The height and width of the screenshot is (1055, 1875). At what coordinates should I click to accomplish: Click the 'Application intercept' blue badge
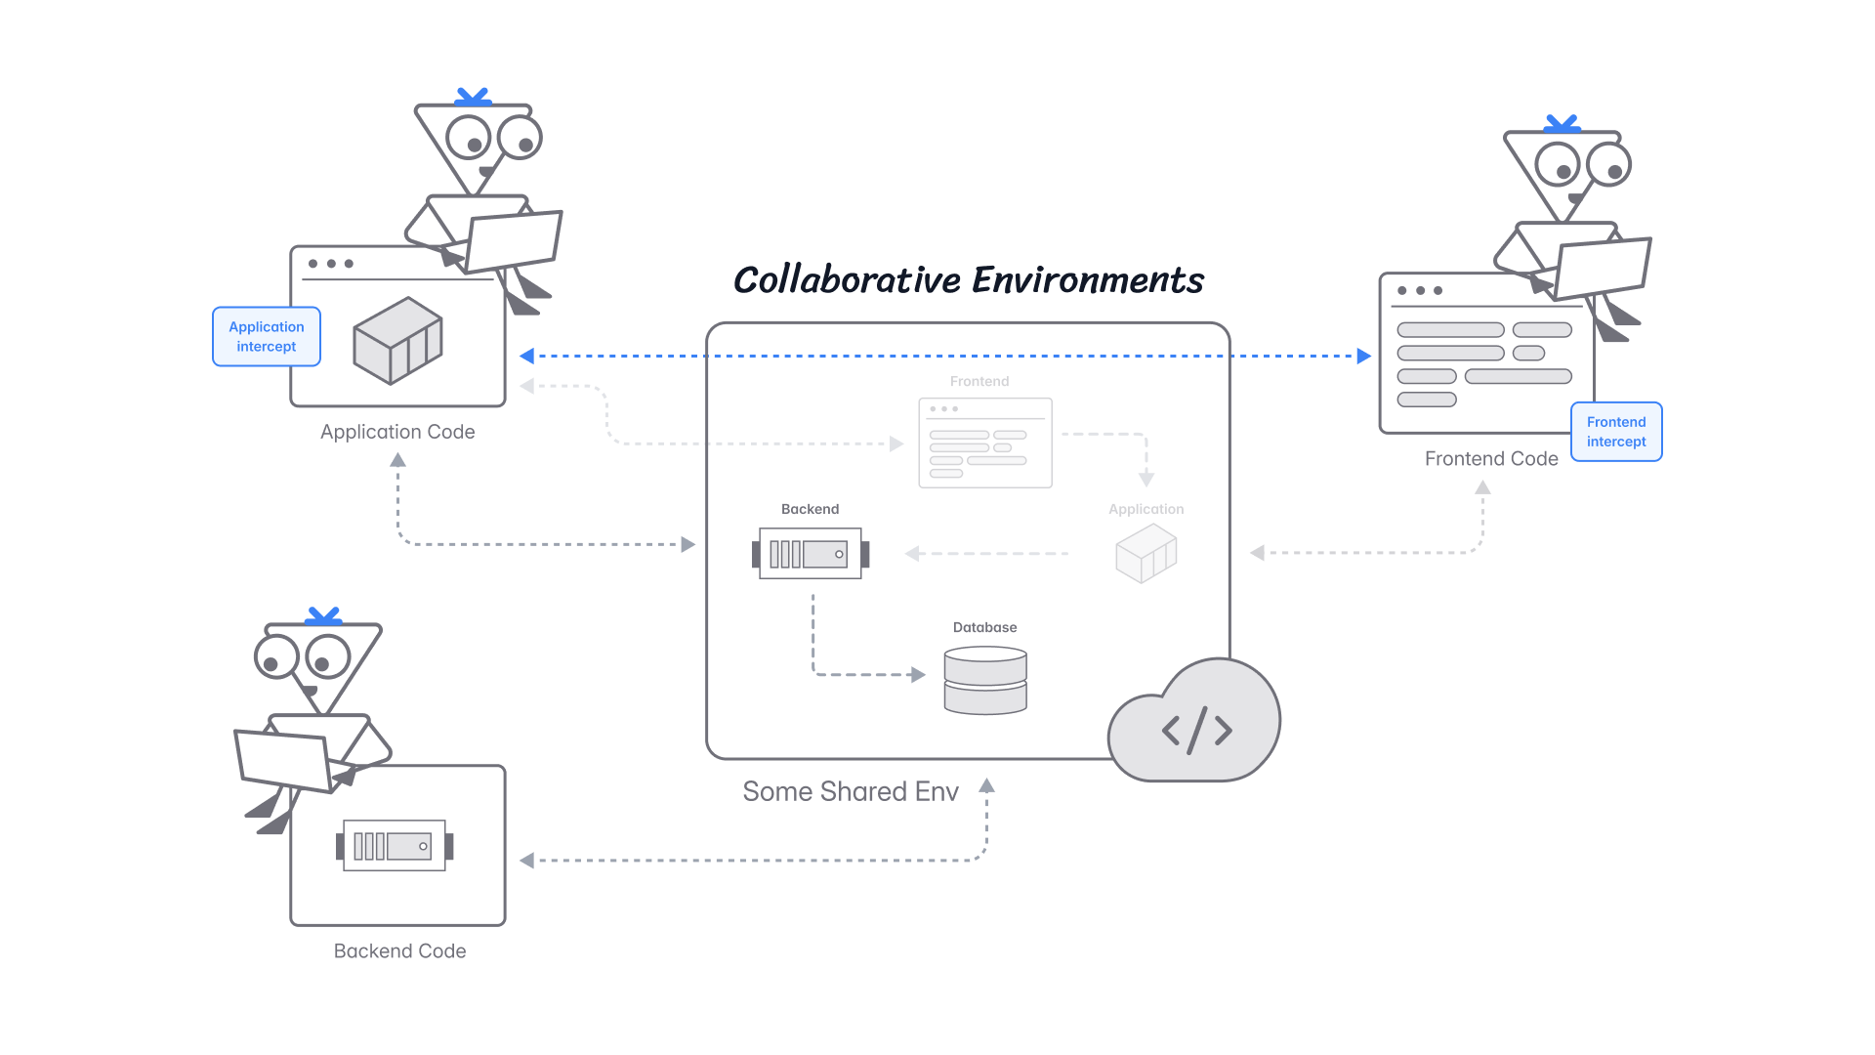tap(266, 337)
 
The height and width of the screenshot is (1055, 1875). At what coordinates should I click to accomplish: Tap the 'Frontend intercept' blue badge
tap(1615, 432)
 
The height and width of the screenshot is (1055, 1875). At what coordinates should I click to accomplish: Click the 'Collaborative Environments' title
tap(968, 280)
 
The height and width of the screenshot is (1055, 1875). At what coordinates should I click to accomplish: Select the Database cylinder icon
tap(984, 681)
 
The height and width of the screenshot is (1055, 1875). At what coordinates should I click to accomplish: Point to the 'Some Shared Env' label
tap(850, 791)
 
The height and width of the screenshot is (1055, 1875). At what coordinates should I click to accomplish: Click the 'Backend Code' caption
tap(399, 950)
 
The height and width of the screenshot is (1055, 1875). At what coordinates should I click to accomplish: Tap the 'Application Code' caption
tap(397, 432)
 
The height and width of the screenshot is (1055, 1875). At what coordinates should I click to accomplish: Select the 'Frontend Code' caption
tap(1490, 459)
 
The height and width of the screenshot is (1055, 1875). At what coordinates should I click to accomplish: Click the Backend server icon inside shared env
tap(810, 554)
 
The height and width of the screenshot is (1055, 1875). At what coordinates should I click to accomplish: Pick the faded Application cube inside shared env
tap(1146, 553)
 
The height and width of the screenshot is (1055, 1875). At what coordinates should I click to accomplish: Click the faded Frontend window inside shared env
tap(984, 443)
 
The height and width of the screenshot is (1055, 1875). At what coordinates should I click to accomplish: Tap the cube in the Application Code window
tap(397, 341)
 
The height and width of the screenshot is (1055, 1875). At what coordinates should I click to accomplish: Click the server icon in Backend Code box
tap(395, 846)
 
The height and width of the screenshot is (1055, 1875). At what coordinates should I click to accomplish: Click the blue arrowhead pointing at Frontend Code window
tap(1364, 357)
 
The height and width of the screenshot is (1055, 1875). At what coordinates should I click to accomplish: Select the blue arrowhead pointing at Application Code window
tap(527, 357)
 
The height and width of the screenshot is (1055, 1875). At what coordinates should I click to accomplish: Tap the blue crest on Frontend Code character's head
tap(1561, 124)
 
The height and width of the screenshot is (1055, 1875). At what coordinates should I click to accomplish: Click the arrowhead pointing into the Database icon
tap(917, 674)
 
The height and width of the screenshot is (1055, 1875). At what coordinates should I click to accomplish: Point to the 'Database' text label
tap(984, 627)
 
